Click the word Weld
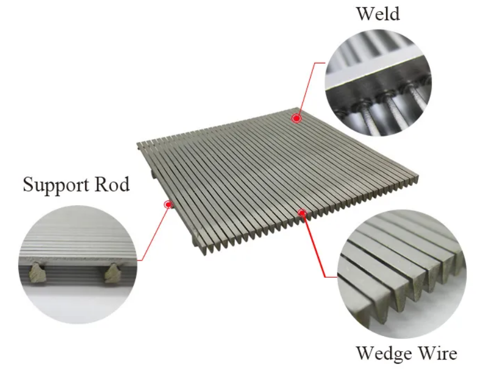coord(378,13)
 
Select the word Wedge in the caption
coord(381,353)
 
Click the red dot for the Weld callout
coord(297,118)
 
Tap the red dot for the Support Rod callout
coord(168,204)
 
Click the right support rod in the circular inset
coord(113,272)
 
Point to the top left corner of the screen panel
coord(138,145)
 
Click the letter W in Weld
coord(365,13)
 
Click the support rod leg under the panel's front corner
coord(195,245)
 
